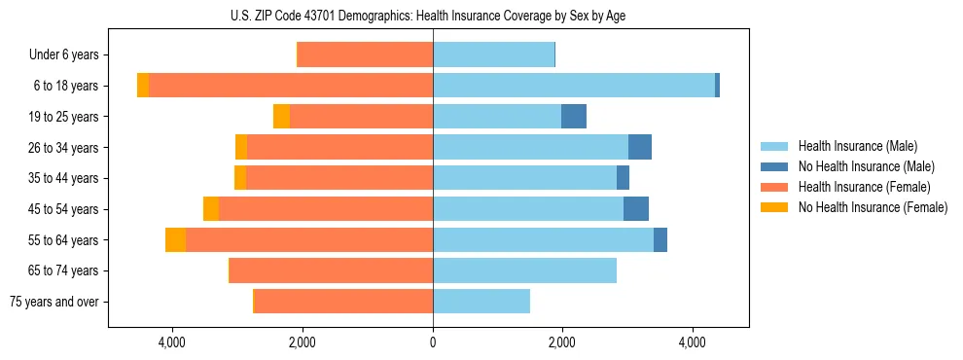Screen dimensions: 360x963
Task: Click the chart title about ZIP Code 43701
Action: point(433,16)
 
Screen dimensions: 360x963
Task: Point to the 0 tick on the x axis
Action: point(433,342)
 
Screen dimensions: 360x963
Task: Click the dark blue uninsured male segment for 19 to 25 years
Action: point(574,117)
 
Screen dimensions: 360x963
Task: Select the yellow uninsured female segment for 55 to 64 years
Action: point(175,240)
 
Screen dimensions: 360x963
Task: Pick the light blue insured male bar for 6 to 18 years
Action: point(574,86)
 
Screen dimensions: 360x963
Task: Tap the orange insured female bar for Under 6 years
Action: point(365,55)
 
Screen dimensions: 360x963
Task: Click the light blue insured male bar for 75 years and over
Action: point(481,302)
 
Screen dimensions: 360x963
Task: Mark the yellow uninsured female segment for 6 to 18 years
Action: point(143,86)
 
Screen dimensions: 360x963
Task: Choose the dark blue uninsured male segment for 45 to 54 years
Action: point(636,209)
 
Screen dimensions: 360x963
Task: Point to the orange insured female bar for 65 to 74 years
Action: point(331,270)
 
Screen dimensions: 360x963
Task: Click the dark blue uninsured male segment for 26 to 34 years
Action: point(640,148)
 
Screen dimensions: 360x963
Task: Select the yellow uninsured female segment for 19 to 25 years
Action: point(281,117)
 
